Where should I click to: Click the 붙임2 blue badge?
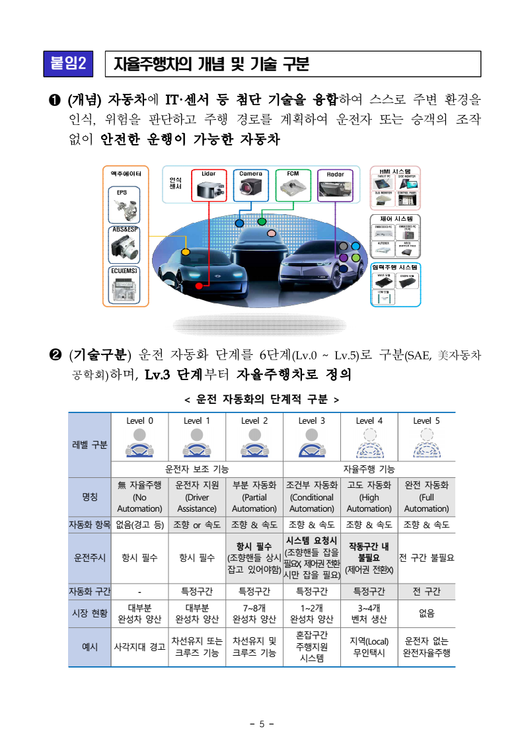[x=68, y=64]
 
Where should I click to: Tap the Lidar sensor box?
[x=209, y=185]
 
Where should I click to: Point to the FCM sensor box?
[x=292, y=185]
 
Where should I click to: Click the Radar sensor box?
[x=335, y=186]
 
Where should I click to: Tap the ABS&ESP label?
[x=125, y=229]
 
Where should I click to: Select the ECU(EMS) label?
[x=125, y=270]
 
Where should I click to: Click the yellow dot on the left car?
[x=186, y=252]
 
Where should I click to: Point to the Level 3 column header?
[x=311, y=420]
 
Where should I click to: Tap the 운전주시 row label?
[x=90, y=558]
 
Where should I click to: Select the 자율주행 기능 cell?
[x=369, y=469]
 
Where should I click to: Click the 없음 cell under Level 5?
[x=426, y=613]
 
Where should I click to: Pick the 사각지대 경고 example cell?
[x=139, y=647]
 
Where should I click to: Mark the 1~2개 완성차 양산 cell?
[x=311, y=613]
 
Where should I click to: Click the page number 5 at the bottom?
[x=262, y=724]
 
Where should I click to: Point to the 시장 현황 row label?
[x=90, y=613]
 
